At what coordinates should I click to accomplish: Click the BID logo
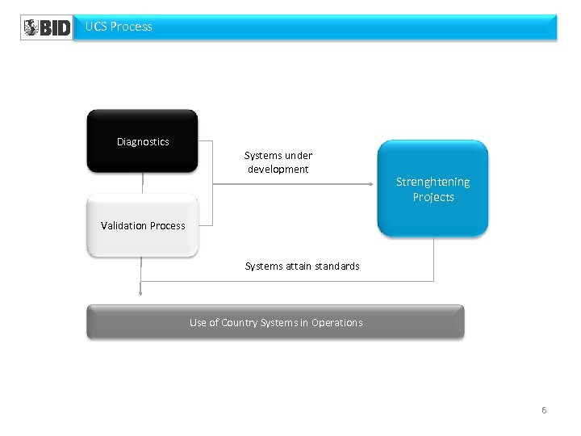[46, 27]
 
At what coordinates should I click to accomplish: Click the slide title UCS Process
[119, 27]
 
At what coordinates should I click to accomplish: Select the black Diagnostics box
[142, 141]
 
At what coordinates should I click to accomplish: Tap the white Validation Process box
[142, 226]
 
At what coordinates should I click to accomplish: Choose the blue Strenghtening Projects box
[433, 189]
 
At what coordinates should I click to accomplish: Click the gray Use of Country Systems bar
[275, 322]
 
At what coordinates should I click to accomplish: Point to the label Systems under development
[278, 162]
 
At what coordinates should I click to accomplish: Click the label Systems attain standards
[302, 266]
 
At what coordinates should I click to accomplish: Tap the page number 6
[544, 410]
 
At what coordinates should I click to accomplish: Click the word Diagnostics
[143, 141]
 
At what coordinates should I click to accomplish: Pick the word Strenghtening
[433, 182]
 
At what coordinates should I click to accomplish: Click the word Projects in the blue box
[433, 197]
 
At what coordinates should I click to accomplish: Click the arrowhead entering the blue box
[373, 184]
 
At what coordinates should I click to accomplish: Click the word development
[278, 170]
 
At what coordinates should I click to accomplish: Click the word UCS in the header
[96, 27]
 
